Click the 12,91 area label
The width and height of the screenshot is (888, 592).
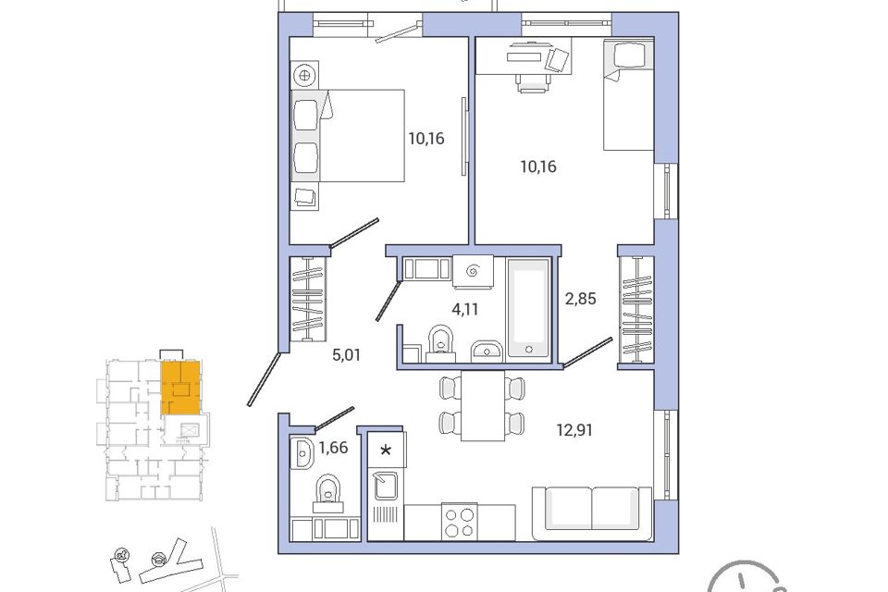574,430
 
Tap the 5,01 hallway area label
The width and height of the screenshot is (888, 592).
346,355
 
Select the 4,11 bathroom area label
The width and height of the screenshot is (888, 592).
464,309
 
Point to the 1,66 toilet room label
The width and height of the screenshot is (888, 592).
333,449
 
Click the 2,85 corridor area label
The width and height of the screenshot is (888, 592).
581,299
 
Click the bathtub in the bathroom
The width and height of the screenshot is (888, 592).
528,308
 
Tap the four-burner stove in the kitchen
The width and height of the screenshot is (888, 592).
460,522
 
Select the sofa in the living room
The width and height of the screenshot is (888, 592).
592,513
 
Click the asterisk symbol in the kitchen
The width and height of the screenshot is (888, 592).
386,450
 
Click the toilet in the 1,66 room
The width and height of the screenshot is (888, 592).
327,494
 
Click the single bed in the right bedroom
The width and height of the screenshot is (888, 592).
629,94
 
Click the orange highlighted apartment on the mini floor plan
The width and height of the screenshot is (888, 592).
180,388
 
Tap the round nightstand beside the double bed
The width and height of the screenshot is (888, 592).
304,75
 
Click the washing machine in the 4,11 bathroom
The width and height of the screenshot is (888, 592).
474,271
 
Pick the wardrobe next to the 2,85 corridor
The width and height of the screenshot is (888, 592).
637,309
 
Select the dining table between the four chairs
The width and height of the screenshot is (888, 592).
483,405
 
